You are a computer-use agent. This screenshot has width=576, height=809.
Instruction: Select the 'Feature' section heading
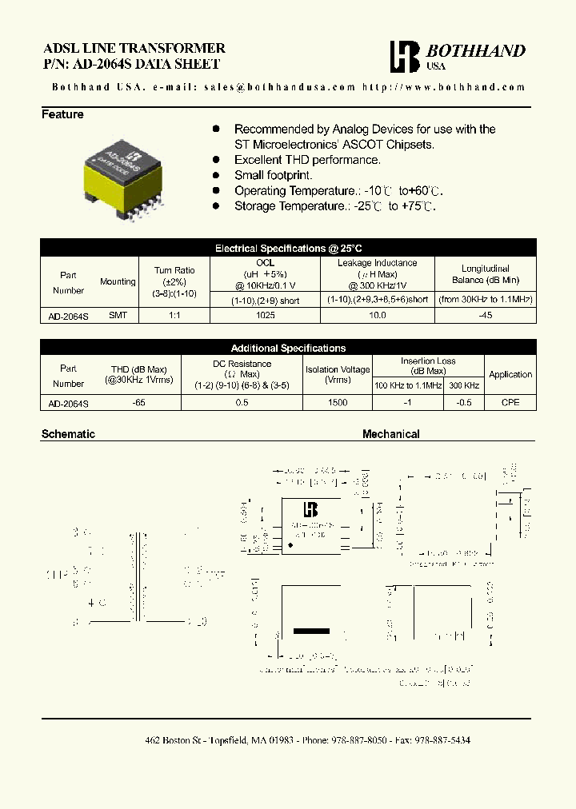click(62, 115)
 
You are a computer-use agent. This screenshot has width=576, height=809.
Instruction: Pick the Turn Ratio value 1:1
click(174, 316)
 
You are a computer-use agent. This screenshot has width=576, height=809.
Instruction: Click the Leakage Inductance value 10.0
click(377, 316)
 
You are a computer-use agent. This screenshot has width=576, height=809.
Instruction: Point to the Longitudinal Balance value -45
click(485, 316)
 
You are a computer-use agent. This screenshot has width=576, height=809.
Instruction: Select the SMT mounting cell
click(118, 316)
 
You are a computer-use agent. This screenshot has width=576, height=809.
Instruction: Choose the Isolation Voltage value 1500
click(338, 403)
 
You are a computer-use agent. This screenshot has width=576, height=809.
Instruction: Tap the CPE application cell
click(510, 403)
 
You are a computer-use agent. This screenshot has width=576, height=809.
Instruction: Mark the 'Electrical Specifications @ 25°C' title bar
click(288, 249)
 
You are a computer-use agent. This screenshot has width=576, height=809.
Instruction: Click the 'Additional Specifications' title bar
click(288, 348)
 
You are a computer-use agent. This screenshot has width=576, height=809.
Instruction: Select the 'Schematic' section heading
click(68, 434)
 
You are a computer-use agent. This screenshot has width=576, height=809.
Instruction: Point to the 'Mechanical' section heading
click(390, 434)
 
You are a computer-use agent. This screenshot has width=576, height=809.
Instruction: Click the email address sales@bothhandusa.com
click(279, 87)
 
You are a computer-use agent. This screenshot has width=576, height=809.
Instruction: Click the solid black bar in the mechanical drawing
click(311, 631)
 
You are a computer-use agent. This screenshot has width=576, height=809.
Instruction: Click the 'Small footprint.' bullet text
click(273, 175)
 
